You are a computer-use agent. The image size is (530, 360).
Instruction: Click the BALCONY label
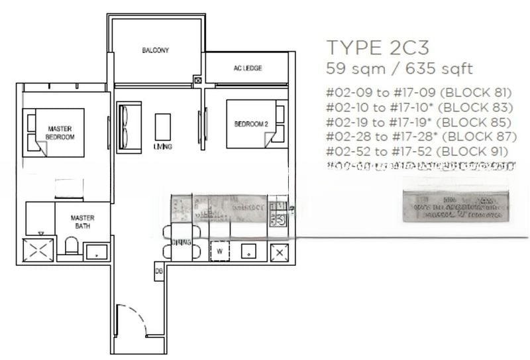point(156,50)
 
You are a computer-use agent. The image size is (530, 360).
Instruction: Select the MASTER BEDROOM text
point(60,132)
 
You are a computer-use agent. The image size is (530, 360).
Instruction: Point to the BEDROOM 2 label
point(249,124)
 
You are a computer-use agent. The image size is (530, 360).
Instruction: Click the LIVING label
point(162,147)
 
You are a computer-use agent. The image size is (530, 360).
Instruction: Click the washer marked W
point(219,251)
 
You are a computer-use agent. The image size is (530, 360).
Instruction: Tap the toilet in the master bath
point(72,249)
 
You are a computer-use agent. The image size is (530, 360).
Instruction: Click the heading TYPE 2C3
point(378,48)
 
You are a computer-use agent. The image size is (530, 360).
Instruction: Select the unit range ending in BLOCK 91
point(417,151)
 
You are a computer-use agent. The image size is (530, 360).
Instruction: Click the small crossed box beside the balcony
point(197,81)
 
